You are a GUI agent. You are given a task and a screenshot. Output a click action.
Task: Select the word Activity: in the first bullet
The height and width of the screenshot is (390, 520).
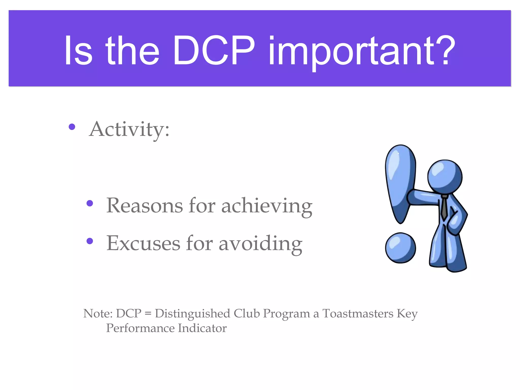pyautogui.click(x=129, y=129)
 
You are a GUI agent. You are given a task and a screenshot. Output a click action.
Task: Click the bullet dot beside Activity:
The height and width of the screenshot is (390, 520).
pyautogui.click(x=72, y=127)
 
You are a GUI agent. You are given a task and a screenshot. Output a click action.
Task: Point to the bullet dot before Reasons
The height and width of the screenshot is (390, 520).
pyautogui.click(x=90, y=203)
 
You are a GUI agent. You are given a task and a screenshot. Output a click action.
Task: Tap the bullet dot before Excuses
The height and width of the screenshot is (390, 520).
pyautogui.click(x=90, y=241)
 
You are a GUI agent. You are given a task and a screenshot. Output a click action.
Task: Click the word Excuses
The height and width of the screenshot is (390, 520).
pyautogui.click(x=143, y=243)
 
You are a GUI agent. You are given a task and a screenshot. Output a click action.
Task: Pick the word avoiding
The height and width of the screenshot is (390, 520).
pyautogui.click(x=260, y=244)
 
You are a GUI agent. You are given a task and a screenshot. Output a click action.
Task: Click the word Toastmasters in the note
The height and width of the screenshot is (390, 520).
pyautogui.click(x=358, y=314)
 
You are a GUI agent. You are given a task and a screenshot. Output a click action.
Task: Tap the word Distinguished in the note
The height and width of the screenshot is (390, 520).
pyautogui.click(x=192, y=314)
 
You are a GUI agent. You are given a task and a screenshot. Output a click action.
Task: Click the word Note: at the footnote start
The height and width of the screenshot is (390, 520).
pyautogui.click(x=98, y=314)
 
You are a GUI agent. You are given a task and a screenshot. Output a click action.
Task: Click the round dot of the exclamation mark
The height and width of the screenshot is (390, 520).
pyautogui.click(x=400, y=248)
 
